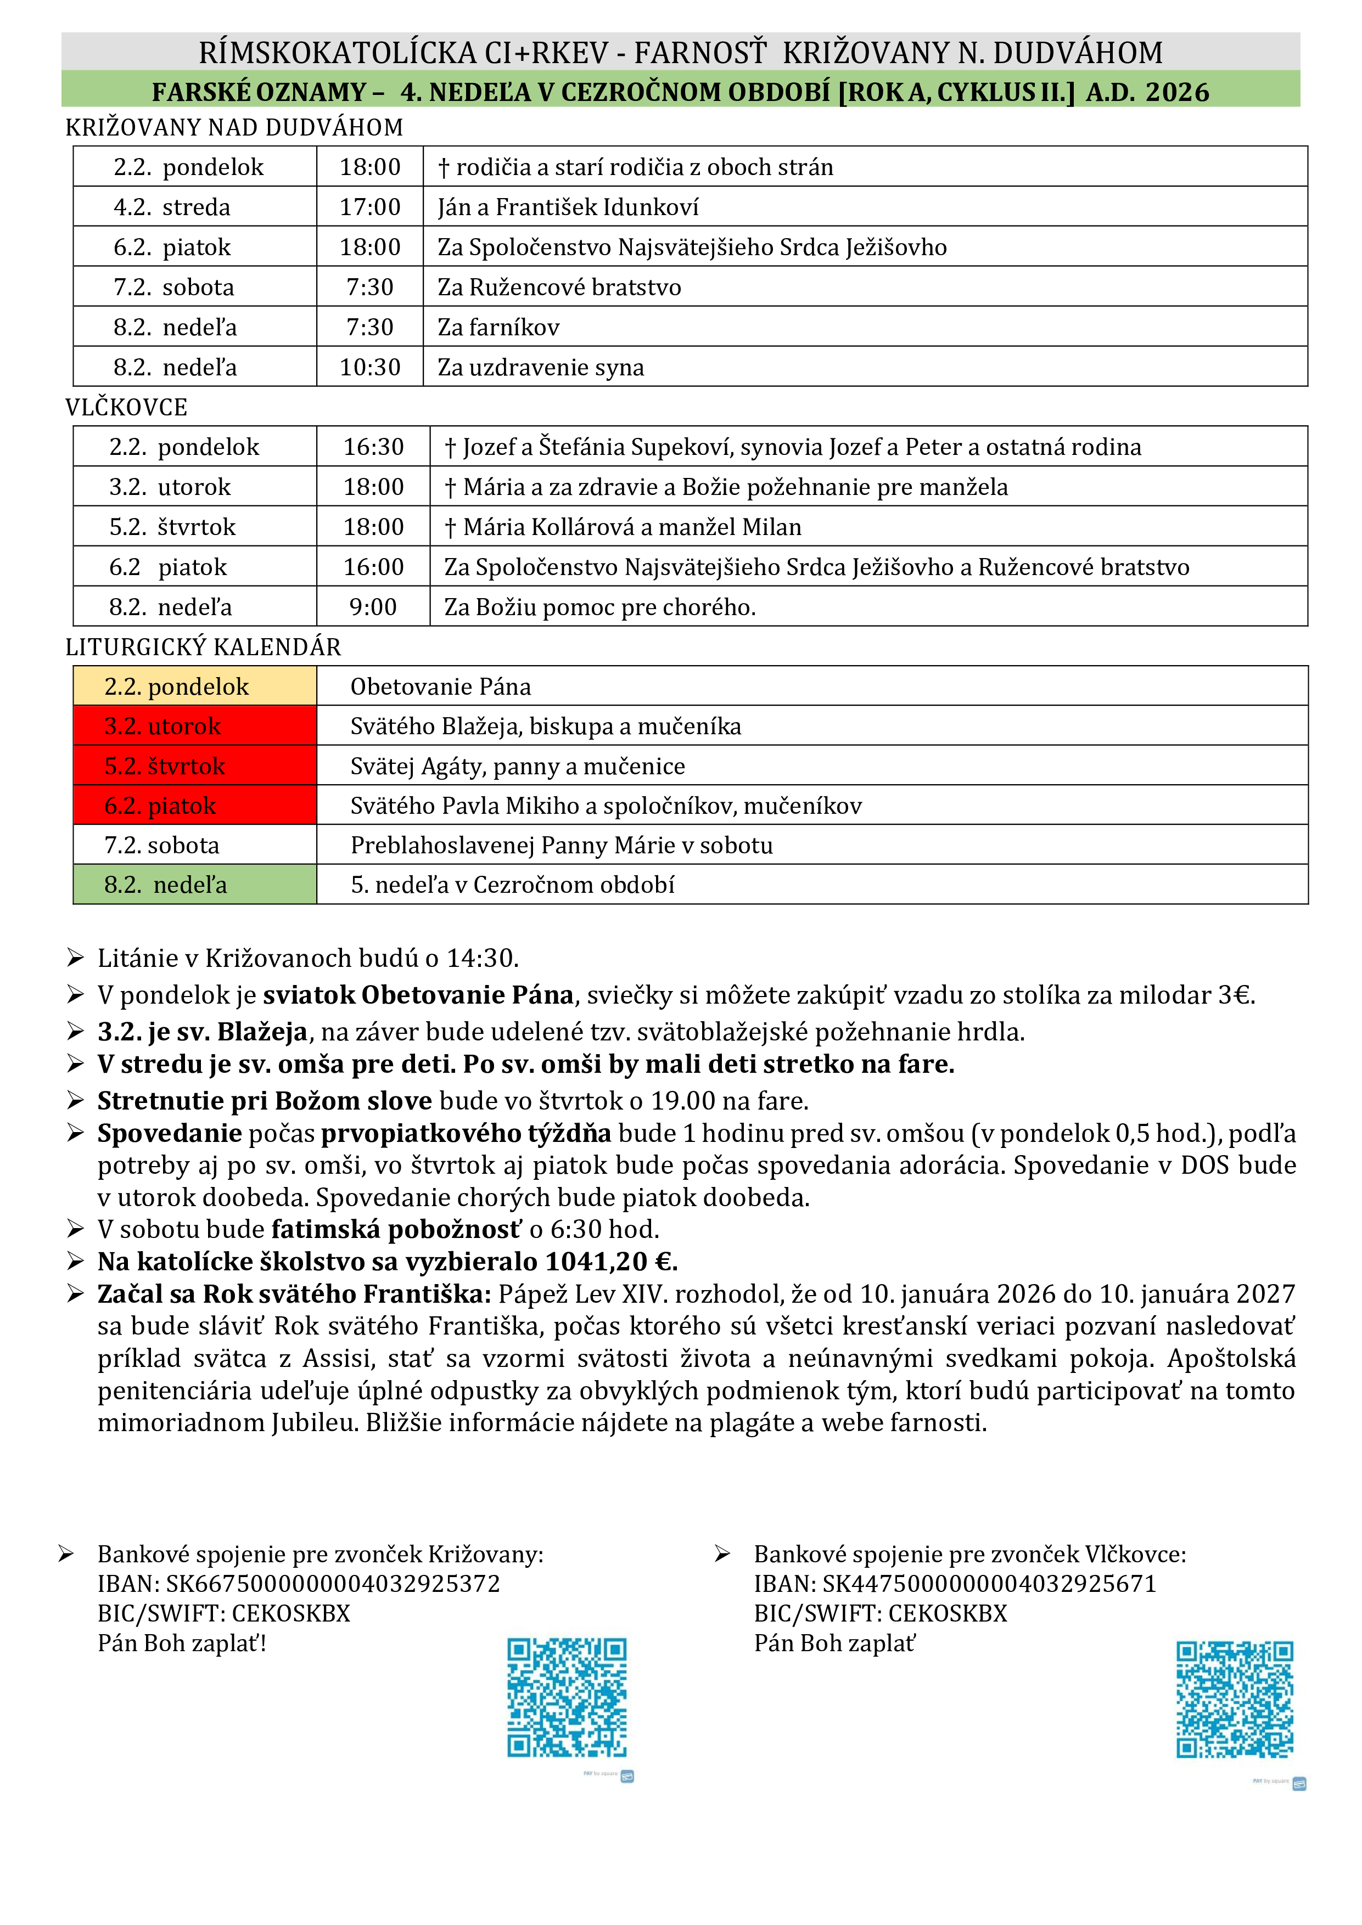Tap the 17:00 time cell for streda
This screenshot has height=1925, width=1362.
pyautogui.click(x=370, y=207)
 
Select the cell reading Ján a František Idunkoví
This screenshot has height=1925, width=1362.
pyautogui.click(x=568, y=207)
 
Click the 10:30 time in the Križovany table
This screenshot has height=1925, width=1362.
pyautogui.click(x=370, y=367)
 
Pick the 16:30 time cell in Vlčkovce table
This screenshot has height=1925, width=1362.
pyautogui.click(x=373, y=447)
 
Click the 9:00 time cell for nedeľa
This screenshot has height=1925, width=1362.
pyautogui.click(x=373, y=607)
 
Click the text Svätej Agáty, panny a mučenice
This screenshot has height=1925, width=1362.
pyautogui.click(x=518, y=766)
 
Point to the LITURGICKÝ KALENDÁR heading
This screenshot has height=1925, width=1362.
pyautogui.click(x=204, y=648)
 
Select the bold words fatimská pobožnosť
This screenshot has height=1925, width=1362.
pyautogui.click(x=396, y=1229)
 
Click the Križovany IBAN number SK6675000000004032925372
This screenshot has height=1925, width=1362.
pyautogui.click(x=333, y=1584)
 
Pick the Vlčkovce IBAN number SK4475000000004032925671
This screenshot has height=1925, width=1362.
pyautogui.click(x=990, y=1584)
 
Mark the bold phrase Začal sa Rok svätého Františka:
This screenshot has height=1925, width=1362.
pyautogui.click(x=294, y=1294)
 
